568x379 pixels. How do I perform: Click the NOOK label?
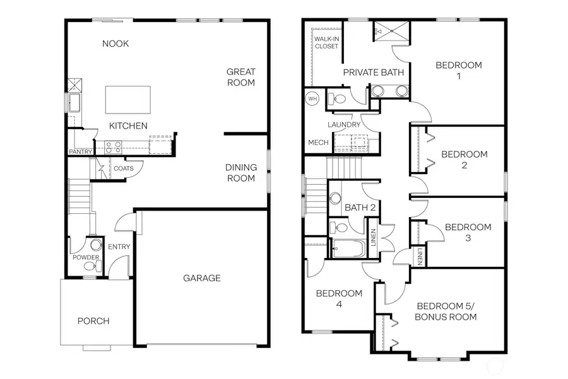coord(115,44)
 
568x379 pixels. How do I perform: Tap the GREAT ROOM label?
coord(241,77)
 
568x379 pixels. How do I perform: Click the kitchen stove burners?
coord(112,148)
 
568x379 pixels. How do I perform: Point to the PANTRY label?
coord(81,152)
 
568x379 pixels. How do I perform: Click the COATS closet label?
coord(122,168)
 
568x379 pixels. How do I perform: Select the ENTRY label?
coord(119,247)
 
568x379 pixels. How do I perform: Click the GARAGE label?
coord(202,278)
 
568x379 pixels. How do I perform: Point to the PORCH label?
coord(93,321)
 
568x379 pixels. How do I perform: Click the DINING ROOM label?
coord(241,173)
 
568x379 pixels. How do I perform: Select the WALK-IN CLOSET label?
coord(326,42)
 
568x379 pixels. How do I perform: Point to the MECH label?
coord(318,143)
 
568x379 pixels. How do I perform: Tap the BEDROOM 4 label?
coord(339,299)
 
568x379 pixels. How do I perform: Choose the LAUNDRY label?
coord(344,125)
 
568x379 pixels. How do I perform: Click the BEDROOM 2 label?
coord(464,160)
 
